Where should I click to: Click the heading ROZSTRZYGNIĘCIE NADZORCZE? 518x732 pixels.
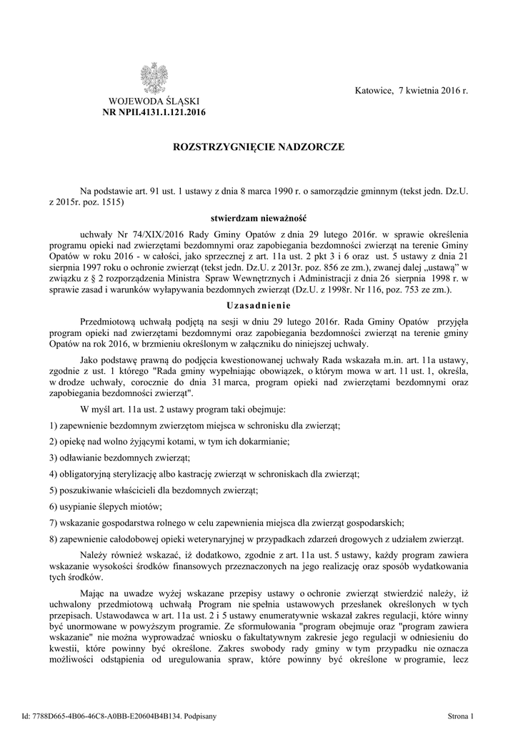[x=259, y=147]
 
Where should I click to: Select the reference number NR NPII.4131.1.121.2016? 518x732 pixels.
[x=154, y=113]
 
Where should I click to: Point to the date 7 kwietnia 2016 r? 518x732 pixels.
[x=434, y=92]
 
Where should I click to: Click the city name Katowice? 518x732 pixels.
[x=374, y=92]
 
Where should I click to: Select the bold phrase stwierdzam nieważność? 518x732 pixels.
[x=259, y=218]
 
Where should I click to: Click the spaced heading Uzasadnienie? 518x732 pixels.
[x=259, y=305]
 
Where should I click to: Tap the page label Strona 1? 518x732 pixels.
[x=461, y=715]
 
